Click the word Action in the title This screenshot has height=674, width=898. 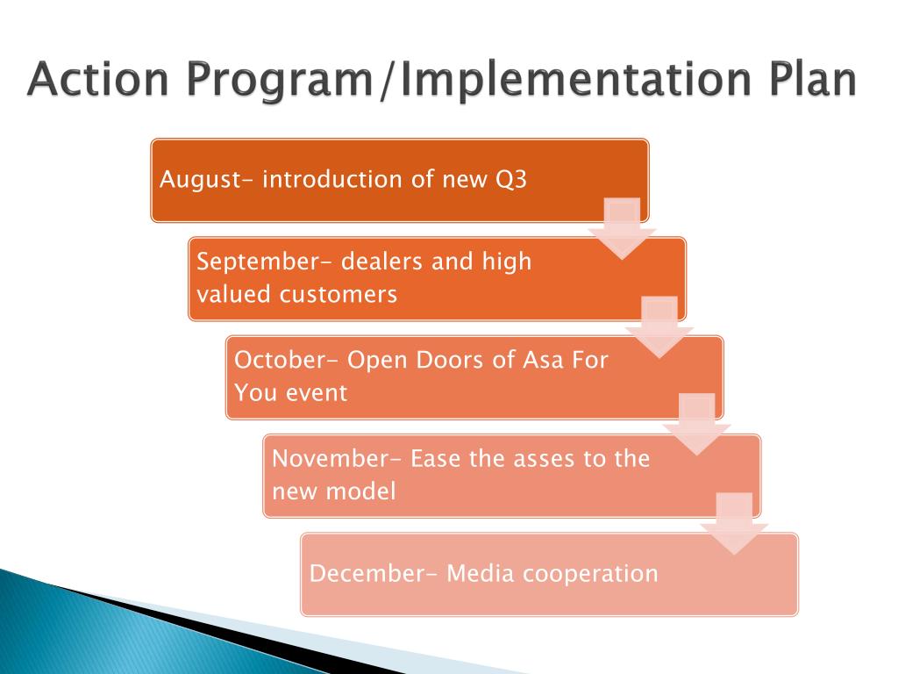click(x=98, y=78)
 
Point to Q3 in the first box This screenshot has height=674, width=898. click(x=511, y=180)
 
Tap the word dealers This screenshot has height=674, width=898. click(x=382, y=262)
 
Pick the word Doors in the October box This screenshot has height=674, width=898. click(x=450, y=360)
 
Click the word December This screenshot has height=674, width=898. click(x=373, y=574)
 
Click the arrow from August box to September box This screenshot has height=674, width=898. click(x=622, y=229)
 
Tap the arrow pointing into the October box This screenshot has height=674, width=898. click(x=659, y=327)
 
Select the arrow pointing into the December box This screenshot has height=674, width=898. click(x=734, y=524)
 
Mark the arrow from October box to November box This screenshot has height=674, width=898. click(x=697, y=425)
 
